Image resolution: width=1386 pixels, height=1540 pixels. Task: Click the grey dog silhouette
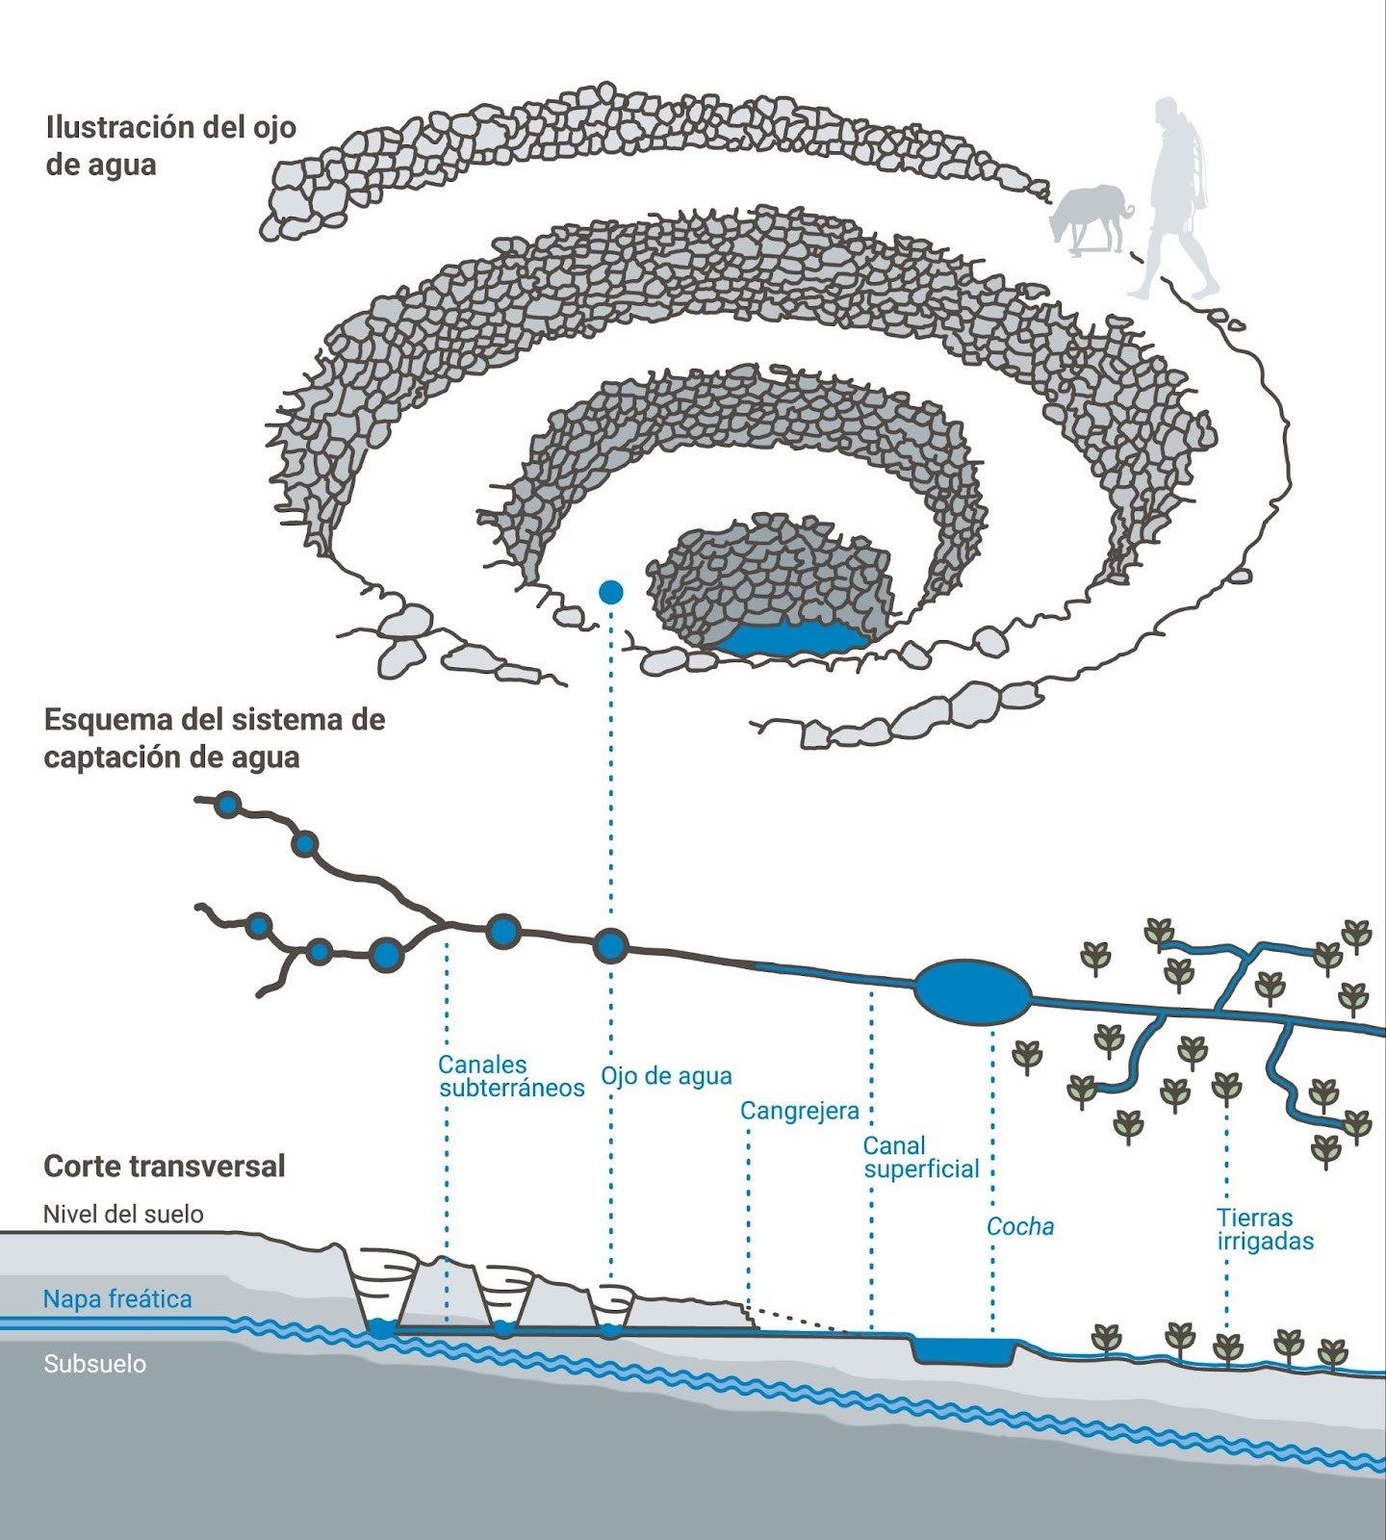(x=1090, y=218)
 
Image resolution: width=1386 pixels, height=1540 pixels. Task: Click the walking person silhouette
(x=1176, y=197)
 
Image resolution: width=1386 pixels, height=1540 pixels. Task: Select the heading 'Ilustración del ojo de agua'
(x=170, y=145)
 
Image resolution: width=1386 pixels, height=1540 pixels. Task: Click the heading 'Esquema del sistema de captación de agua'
(x=214, y=738)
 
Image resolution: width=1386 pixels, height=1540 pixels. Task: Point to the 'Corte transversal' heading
(x=165, y=1167)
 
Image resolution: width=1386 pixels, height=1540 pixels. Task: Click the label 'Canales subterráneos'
(x=510, y=1076)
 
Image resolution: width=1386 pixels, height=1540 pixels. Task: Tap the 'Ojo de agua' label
(x=666, y=1076)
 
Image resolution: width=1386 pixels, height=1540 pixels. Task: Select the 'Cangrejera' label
(x=799, y=1111)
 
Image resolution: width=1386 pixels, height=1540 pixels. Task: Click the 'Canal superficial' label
(x=920, y=1157)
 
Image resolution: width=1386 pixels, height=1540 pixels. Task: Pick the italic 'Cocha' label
(x=1020, y=1227)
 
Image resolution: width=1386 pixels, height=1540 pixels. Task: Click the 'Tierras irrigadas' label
(x=1265, y=1229)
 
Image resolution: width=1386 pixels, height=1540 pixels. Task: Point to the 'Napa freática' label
(x=117, y=1299)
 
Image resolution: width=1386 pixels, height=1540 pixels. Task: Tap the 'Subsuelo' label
(x=94, y=1364)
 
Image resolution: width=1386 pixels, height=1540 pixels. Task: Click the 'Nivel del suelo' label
(x=123, y=1214)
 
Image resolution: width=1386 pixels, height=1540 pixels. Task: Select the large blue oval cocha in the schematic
(x=971, y=990)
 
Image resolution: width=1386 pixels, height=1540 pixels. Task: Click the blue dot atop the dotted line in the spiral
(x=611, y=592)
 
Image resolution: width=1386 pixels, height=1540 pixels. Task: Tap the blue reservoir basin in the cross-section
(x=963, y=1349)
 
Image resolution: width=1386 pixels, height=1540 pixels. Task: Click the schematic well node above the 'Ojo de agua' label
(x=610, y=947)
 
